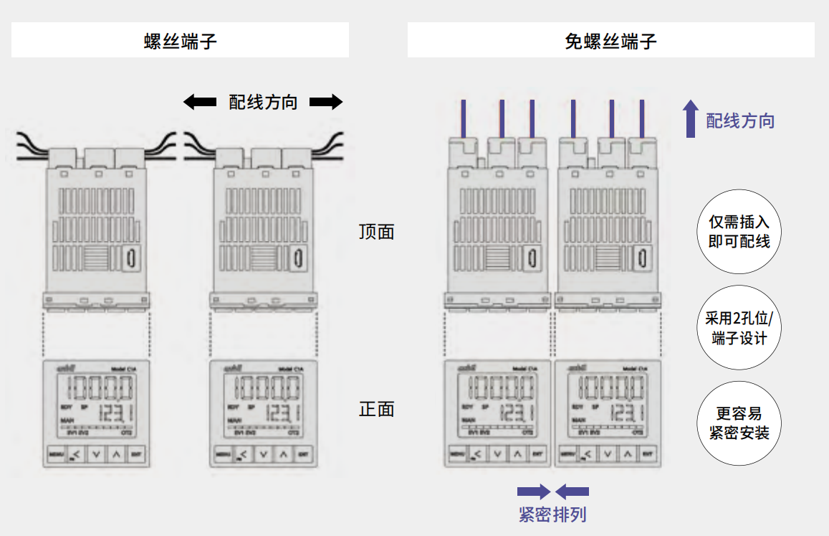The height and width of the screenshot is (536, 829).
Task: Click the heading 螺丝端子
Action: coord(181,41)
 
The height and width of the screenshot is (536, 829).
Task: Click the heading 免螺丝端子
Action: coord(610,41)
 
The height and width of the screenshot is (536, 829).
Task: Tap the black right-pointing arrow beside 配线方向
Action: coord(326,103)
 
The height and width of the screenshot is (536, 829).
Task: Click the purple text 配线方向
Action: coord(740,121)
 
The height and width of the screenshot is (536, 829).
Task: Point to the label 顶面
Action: coord(377,232)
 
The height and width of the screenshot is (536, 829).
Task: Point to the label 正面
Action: coord(377,410)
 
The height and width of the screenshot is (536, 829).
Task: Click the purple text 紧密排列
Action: coord(552,514)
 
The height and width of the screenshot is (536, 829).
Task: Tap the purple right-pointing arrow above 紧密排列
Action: coord(534,492)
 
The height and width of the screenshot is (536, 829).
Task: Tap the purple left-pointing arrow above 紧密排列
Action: coord(572,492)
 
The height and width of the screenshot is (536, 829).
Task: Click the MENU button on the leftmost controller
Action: coord(56,454)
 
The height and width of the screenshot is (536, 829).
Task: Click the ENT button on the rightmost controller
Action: coord(647,454)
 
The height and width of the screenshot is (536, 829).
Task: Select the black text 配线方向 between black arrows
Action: coord(262,103)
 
